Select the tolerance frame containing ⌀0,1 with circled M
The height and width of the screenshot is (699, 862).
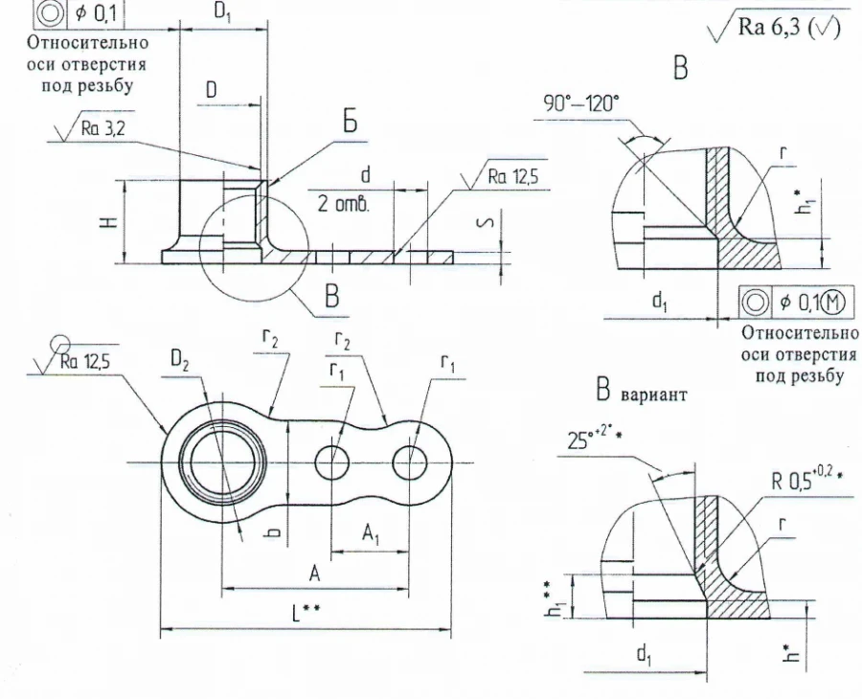[x=798, y=303]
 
